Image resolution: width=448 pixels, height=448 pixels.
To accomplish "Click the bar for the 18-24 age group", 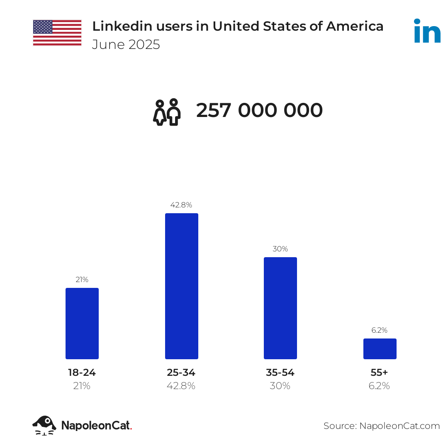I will coord(82,324).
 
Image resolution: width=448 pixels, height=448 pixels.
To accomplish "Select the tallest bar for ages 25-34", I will coord(182,286).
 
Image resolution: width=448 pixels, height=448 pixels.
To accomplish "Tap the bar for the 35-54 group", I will coord(280,308).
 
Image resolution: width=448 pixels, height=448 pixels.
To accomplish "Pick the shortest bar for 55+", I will coord(380,349).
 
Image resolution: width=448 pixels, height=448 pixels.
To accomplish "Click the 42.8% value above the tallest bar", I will coord(181,205).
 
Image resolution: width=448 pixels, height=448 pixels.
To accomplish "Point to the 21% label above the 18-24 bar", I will coord(82,280).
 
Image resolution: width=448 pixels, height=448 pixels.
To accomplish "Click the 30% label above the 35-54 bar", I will coord(280,249).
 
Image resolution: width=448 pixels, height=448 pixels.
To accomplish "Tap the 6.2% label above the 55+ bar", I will coord(379,330).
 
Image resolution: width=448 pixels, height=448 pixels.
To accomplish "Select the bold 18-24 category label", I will coord(82,373).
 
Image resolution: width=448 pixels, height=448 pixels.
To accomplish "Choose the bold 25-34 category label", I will coord(181,373).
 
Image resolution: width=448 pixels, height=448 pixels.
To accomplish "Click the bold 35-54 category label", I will coord(280,373).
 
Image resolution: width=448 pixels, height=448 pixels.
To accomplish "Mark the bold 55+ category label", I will coord(379,373).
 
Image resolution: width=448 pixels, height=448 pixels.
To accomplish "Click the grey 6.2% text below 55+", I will coord(379,386).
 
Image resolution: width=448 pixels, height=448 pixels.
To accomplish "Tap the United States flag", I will coord(57,32).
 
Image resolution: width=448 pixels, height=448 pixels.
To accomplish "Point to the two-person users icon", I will coord(167,112).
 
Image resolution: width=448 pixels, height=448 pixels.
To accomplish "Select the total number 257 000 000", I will coord(259,111).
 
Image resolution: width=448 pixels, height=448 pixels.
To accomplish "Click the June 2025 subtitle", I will coord(126,44).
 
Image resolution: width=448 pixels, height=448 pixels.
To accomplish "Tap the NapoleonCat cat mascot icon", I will coord(44,425).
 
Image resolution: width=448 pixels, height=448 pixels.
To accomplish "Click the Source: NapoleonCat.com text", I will coord(382,426).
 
